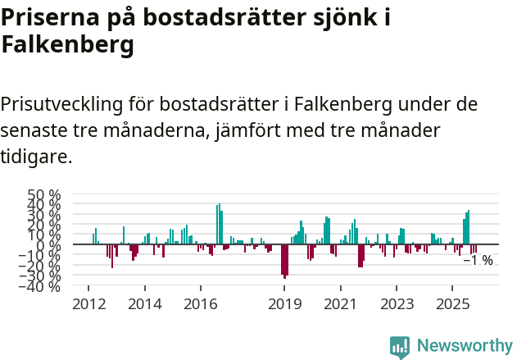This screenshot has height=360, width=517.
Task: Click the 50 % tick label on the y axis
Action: (x=44, y=195)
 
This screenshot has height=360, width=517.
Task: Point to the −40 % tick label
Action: (x=42, y=287)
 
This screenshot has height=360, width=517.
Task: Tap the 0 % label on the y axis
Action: (x=51, y=244)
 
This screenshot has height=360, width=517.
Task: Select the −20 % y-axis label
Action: (x=42, y=267)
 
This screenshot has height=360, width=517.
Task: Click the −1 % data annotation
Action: (x=478, y=261)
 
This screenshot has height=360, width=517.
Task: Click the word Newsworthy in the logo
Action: (x=465, y=346)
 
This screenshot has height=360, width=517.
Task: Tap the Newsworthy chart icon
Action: (x=400, y=347)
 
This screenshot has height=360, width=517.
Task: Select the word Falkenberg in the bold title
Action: (x=67, y=46)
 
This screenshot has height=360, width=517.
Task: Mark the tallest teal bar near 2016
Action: (x=220, y=224)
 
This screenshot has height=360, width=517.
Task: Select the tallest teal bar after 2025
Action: (x=469, y=227)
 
